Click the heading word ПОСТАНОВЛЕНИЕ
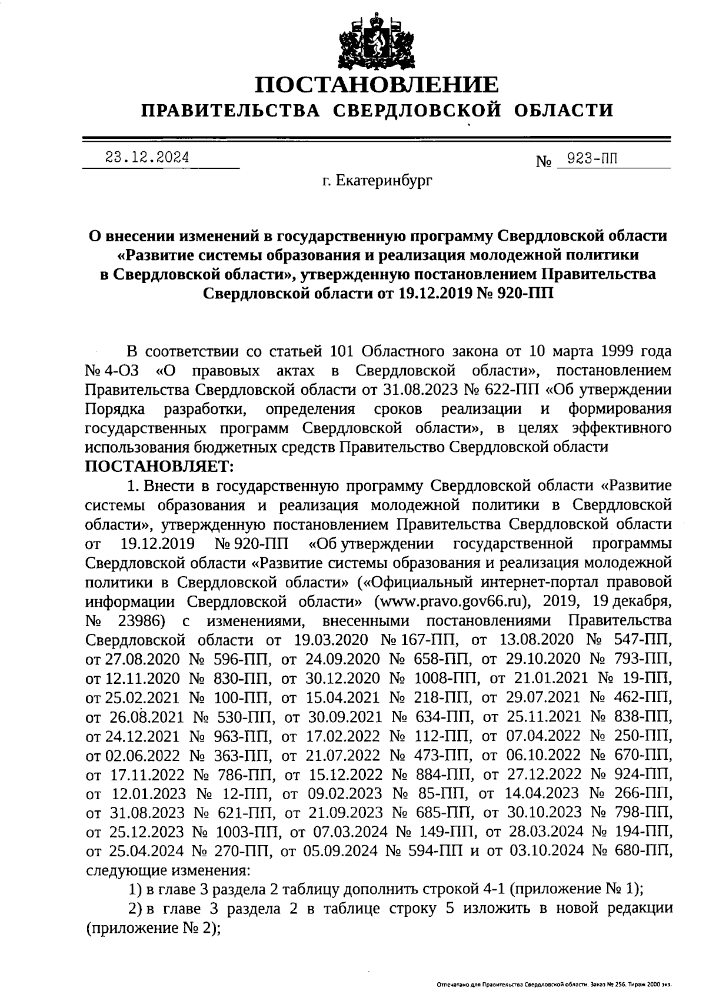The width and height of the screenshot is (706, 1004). (377, 86)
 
